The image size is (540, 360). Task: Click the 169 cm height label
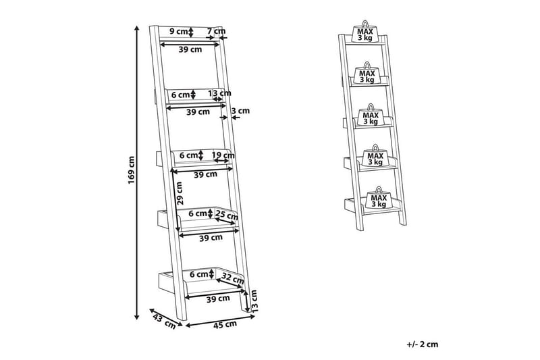(132, 170)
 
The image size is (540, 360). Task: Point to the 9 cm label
(178, 31)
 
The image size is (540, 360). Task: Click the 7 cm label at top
(216, 31)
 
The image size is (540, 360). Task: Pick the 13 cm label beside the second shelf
(219, 93)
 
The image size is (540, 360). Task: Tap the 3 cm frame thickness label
(240, 111)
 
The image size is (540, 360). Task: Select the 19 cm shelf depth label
(223, 155)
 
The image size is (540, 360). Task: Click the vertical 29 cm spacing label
(180, 192)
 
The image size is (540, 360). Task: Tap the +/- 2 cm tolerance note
(422, 344)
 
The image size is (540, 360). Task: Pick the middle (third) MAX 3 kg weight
(371, 118)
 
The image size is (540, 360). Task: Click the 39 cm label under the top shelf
(190, 50)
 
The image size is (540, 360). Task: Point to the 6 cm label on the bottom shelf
(198, 274)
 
